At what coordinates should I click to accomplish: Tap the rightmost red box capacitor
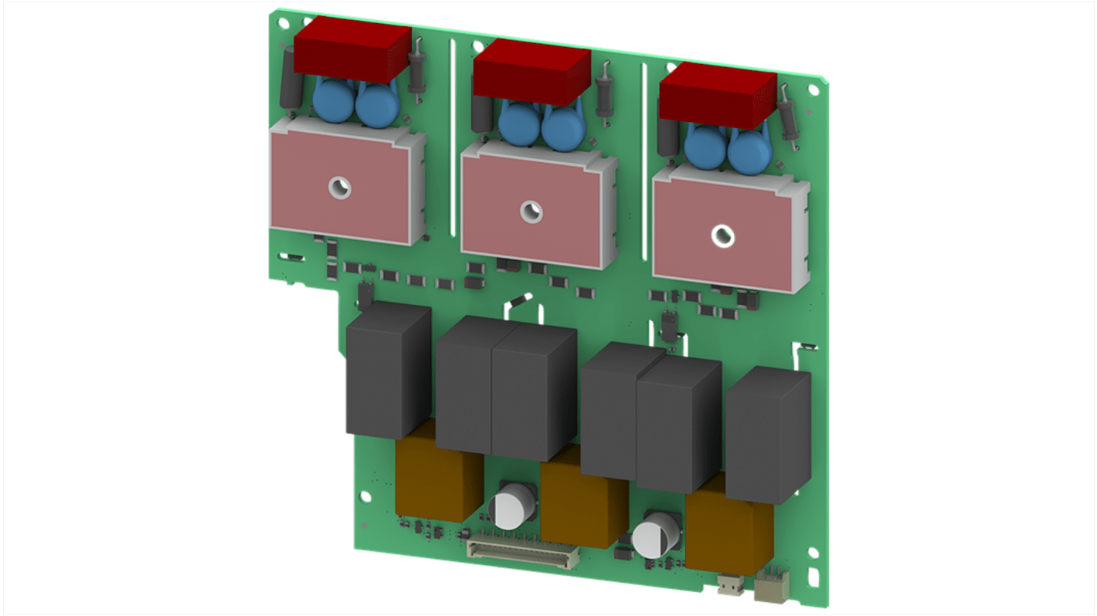[717, 96]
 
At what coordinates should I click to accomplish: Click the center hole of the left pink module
[338, 186]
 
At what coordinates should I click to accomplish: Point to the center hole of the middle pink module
[530, 211]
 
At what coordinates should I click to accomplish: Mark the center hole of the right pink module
[722, 236]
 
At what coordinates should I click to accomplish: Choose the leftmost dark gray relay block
[387, 371]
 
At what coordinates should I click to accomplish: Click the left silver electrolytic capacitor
[511, 507]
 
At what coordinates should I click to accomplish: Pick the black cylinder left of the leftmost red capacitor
[290, 78]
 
